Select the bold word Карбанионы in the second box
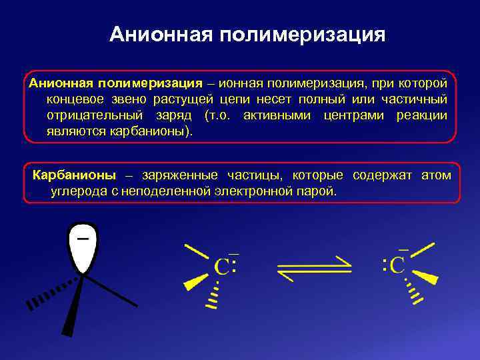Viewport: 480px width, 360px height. [74, 175]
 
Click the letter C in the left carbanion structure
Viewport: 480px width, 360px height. [221, 267]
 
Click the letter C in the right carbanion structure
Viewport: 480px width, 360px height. [397, 265]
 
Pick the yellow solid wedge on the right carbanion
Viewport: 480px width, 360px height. [425, 276]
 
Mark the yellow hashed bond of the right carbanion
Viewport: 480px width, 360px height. [414, 293]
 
